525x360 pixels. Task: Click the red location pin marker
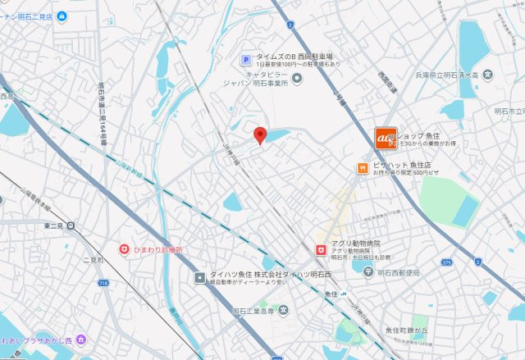[x=260, y=136]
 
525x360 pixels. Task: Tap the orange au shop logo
[x=386, y=139]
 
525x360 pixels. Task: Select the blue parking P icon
[x=244, y=58]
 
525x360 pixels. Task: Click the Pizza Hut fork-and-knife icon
[x=362, y=167]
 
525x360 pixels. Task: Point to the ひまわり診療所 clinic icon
[x=124, y=248]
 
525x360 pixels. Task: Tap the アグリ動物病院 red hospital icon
[x=321, y=248]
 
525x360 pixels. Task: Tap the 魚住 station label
[x=331, y=294]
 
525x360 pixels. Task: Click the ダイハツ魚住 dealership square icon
[x=199, y=277]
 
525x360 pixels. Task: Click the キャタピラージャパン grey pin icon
[x=297, y=78]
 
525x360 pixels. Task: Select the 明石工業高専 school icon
[x=283, y=311]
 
